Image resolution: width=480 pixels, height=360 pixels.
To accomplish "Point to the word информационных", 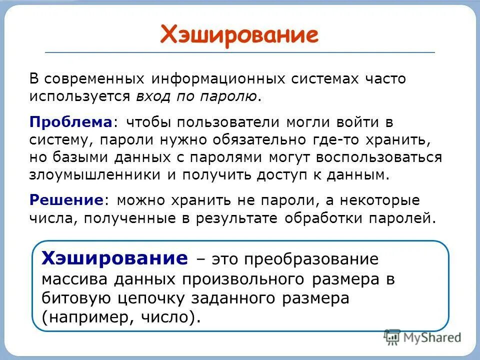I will click(x=216, y=79).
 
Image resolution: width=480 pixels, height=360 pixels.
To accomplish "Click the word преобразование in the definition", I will click(x=311, y=260).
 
